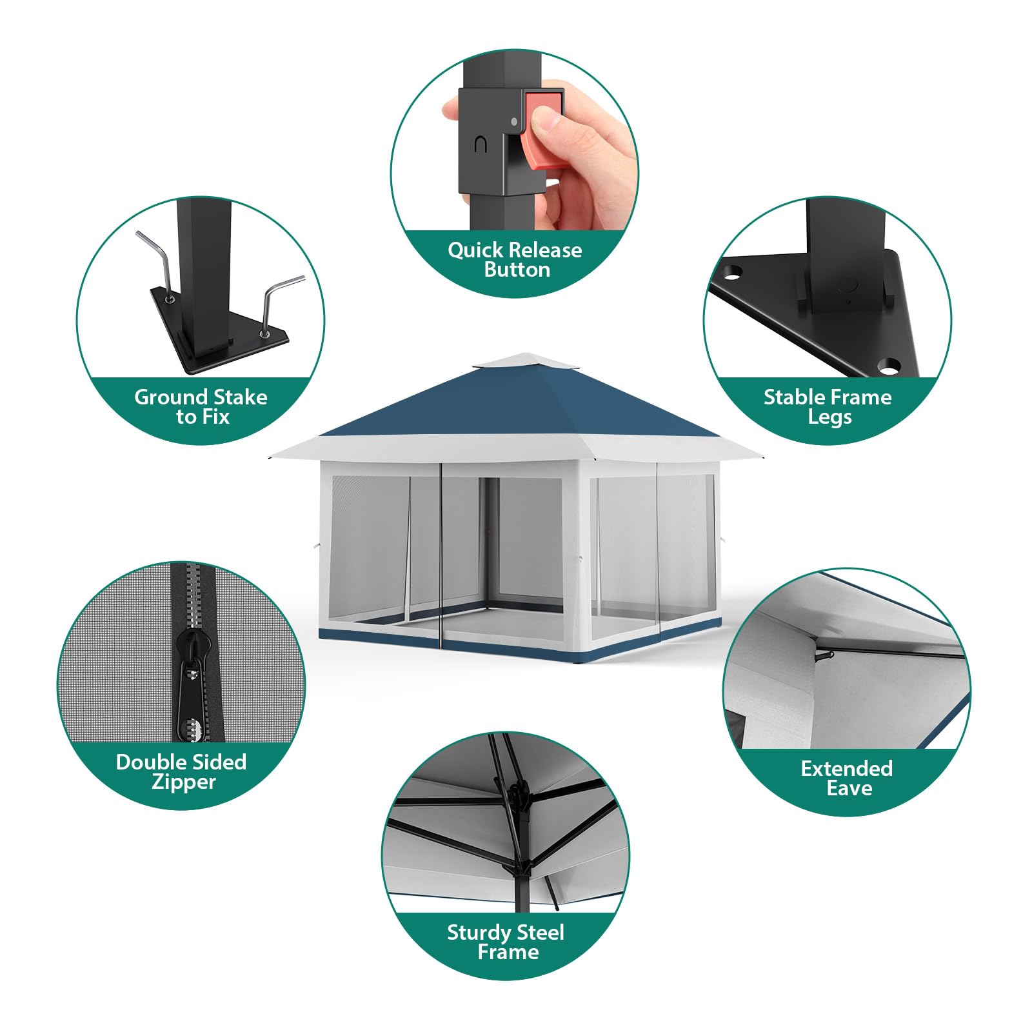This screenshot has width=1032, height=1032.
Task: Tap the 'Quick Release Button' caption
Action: [x=515, y=259]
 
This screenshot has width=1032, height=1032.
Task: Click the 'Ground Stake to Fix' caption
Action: [x=201, y=406]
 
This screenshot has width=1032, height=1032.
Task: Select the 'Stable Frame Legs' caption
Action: [x=828, y=406]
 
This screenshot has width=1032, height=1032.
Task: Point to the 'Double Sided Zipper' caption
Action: [x=181, y=771]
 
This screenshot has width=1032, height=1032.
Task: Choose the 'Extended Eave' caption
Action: [x=847, y=778]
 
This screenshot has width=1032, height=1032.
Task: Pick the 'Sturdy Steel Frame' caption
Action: [x=506, y=942]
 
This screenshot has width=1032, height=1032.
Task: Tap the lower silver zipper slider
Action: [x=192, y=729]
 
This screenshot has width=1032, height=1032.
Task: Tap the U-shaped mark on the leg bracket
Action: [x=480, y=145]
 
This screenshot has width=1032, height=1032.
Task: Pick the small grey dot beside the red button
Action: [x=513, y=121]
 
